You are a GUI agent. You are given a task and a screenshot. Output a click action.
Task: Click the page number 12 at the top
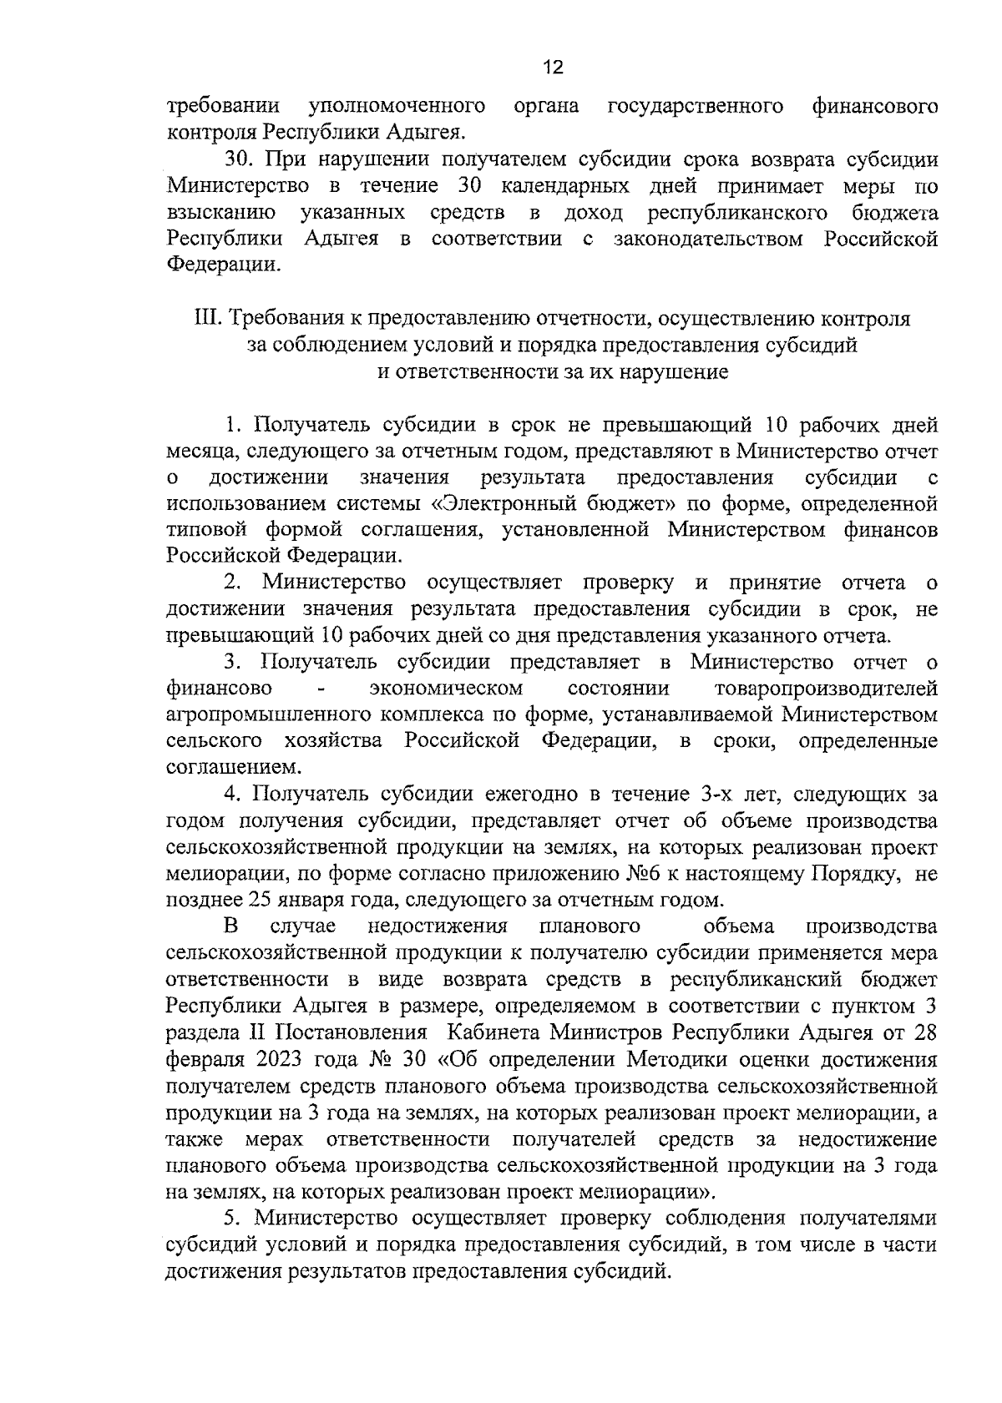tap(553, 68)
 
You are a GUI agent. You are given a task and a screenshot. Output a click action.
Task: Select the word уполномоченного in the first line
tap(398, 106)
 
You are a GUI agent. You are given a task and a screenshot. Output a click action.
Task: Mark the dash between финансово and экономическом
tap(321, 689)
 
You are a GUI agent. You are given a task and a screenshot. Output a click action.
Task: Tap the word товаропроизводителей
tap(826, 689)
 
